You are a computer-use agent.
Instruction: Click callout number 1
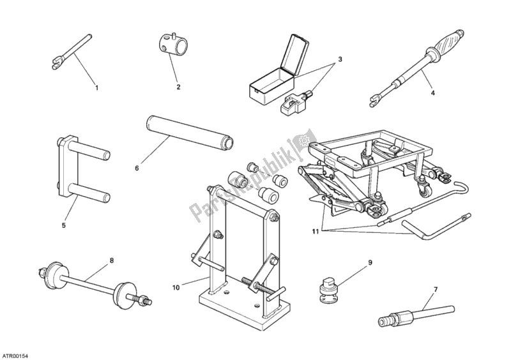(x=97, y=87)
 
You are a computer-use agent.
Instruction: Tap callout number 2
(x=178, y=87)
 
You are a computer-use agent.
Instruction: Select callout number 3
(x=340, y=60)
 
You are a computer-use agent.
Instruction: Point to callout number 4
(x=432, y=94)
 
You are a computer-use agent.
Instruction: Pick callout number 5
(x=64, y=225)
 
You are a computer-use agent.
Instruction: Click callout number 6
(x=136, y=169)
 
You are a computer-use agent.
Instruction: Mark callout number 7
(x=436, y=290)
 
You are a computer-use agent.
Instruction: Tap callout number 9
(x=369, y=262)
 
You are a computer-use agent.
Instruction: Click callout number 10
(x=176, y=287)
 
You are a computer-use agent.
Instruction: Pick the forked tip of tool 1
(x=53, y=63)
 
